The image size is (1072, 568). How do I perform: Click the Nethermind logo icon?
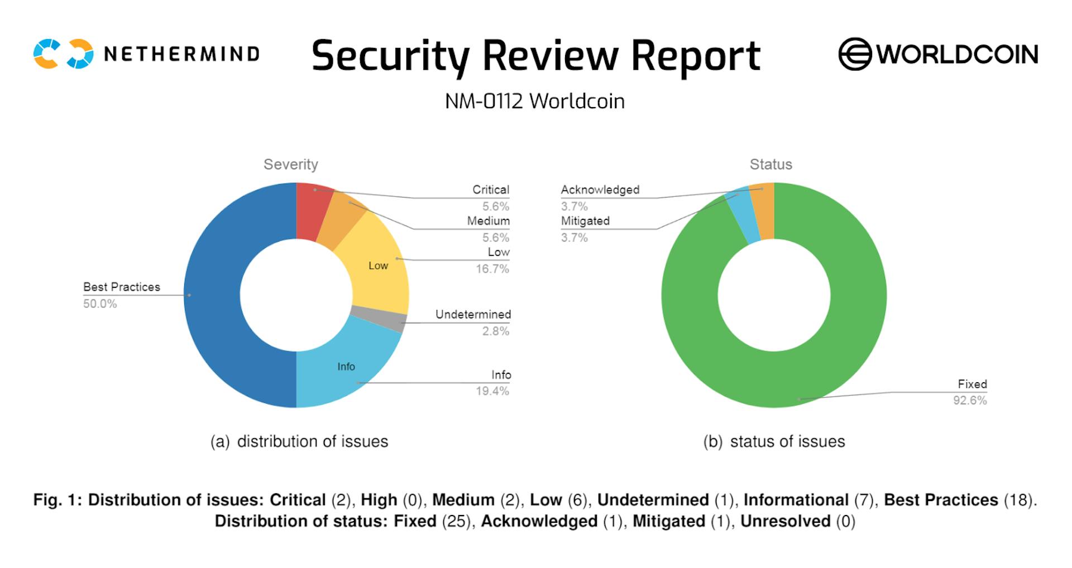tap(63, 54)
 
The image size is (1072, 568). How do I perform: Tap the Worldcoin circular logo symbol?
tap(854, 54)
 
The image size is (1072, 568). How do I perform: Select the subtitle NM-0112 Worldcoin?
tap(534, 101)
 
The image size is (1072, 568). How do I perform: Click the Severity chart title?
tap(290, 164)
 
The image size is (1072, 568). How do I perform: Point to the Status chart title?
tap(770, 164)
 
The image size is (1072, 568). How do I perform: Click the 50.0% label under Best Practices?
tap(100, 304)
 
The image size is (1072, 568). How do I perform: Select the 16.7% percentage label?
tap(492, 269)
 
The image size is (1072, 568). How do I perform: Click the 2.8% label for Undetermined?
tap(495, 331)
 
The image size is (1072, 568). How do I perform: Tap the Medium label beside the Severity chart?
tap(488, 221)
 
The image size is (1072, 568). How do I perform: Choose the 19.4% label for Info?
tap(492, 391)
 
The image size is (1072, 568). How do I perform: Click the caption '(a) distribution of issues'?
tap(299, 441)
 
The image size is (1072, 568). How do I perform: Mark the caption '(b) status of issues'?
tap(774, 441)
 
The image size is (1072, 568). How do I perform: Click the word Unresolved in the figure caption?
tap(785, 521)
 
